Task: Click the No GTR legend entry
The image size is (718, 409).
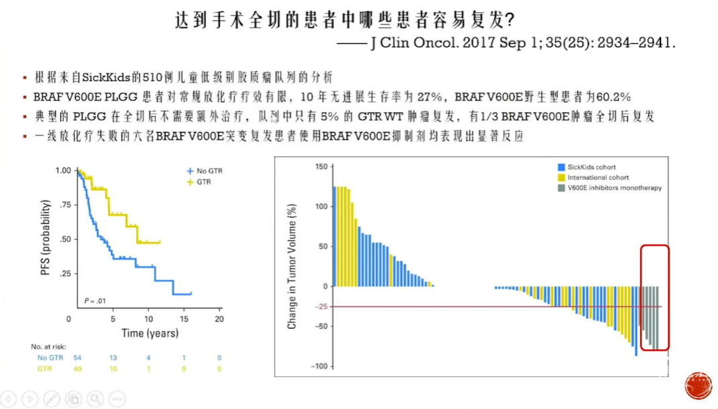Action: pyautogui.click(x=205, y=171)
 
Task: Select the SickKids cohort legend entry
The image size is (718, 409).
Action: pyautogui.click(x=586, y=167)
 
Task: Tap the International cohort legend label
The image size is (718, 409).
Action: pyautogui.click(x=598, y=177)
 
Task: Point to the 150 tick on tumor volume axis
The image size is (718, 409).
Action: pyautogui.click(x=321, y=167)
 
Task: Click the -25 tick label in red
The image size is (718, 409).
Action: pyautogui.click(x=321, y=306)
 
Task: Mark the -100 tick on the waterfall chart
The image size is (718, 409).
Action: pyautogui.click(x=319, y=366)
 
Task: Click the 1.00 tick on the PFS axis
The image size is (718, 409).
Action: pyautogui.click(x=63, y=171)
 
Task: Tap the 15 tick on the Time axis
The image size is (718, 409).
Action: pyautogui.click(x=184, y=319)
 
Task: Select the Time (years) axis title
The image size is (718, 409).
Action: pyautogui.click(x=150, y=333)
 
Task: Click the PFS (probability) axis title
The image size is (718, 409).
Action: pyautogui.click(x=45, y=238)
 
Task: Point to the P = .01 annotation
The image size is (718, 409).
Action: pyautogui.click(x=95, y=301)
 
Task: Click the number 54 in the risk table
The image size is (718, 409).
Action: pyautogui.click(x=77, y=358)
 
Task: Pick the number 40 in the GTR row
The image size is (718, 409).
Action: pyautogui.click(x=77, y=369)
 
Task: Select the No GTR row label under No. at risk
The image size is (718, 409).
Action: pyautogui.click(x=50, y=358)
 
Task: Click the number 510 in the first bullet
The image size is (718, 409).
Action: pyautogui.click(x=151, y=77)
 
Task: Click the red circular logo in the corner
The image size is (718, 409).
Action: pyautogui.click(x=699, y=385)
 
